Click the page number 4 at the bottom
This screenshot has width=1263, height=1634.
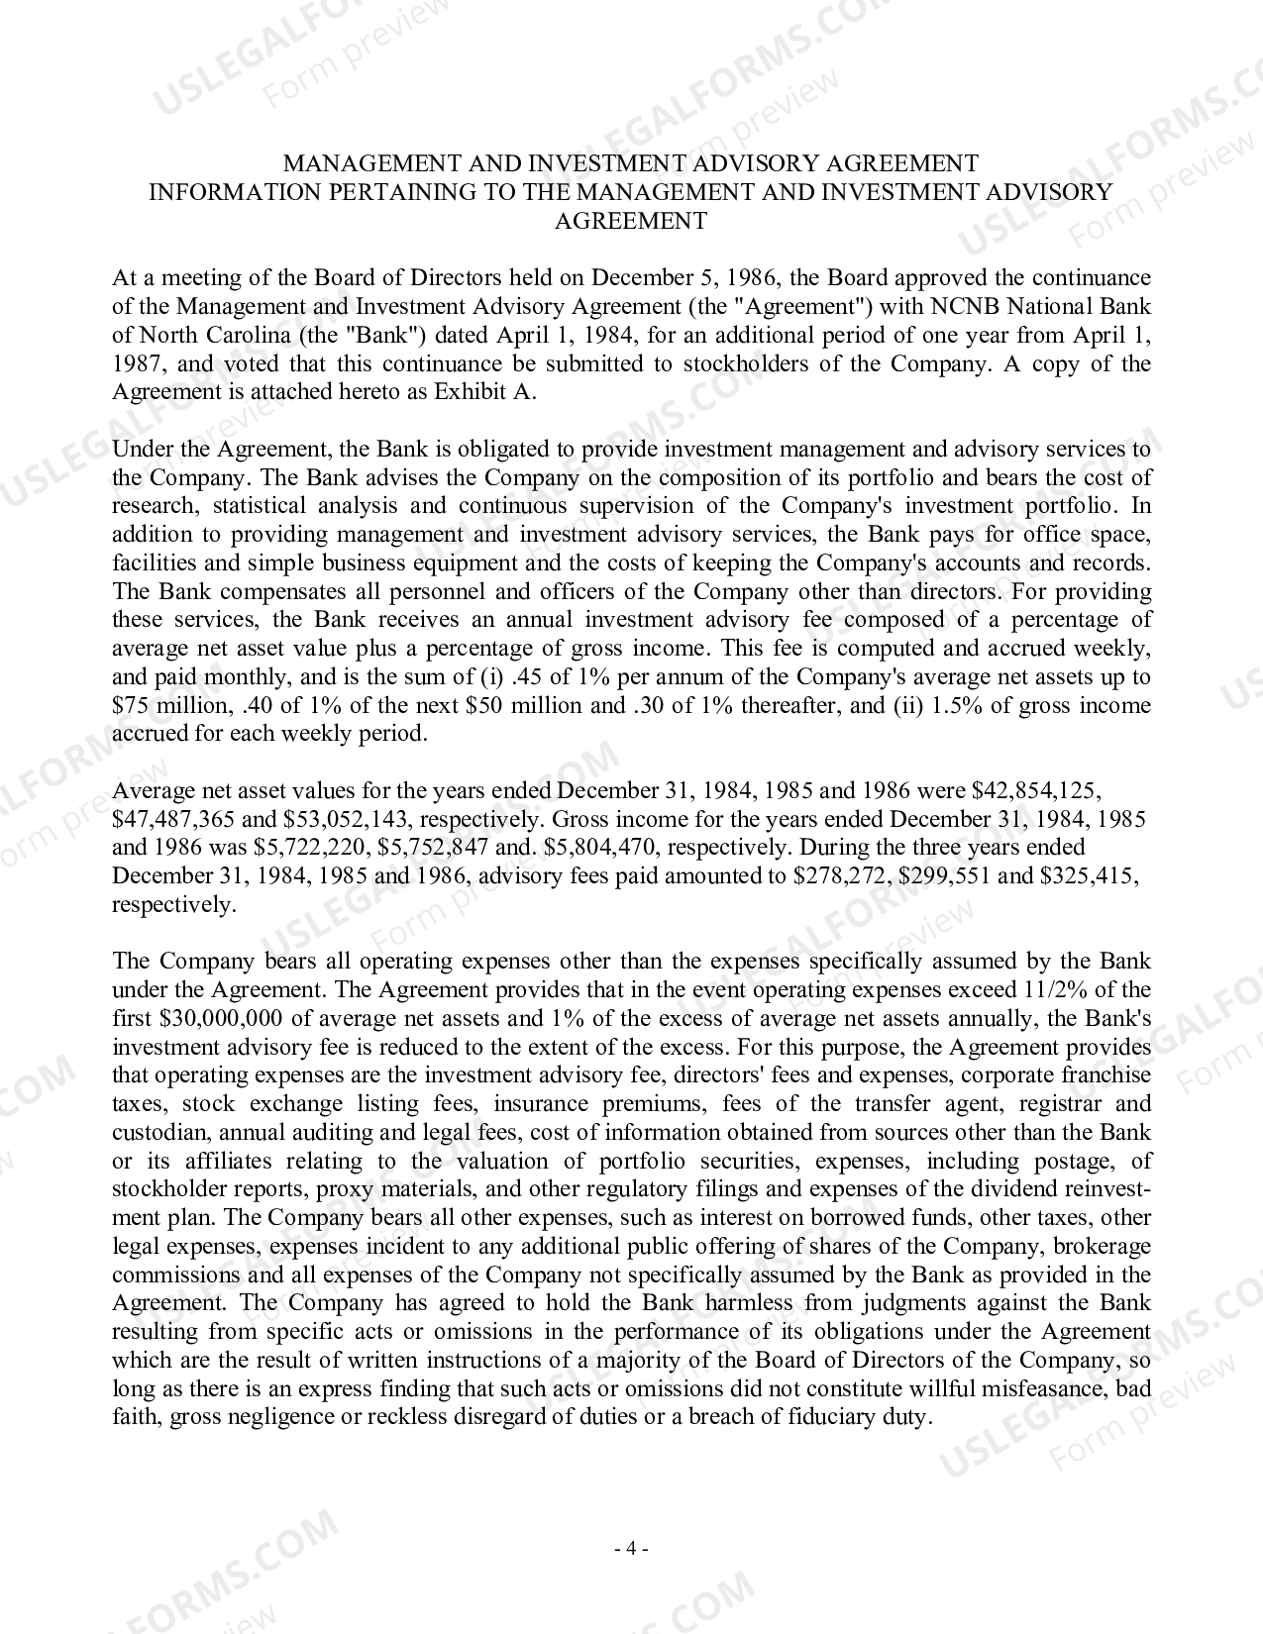[631, 1549]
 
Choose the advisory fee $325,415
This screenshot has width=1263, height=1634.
[1083, 876]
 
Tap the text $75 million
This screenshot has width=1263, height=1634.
[170, 706]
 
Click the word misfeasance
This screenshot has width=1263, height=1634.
[1048, 1388]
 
